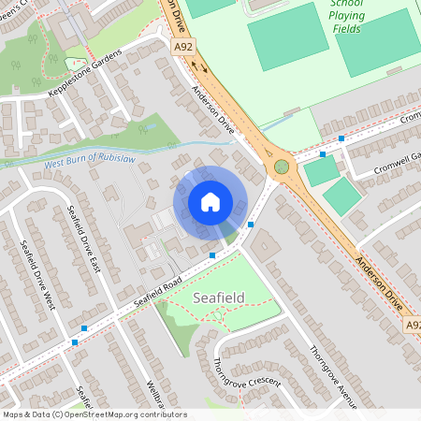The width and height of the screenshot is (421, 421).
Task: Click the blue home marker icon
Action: tap(210, 201)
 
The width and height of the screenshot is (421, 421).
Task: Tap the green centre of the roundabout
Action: tap(281, 167)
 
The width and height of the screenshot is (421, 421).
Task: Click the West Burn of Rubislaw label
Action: tap(90, 166)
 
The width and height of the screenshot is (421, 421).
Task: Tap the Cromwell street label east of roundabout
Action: tap(409, 119)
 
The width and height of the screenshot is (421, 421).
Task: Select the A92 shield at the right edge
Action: tap(412, 324)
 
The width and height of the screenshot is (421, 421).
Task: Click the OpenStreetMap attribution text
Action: tap(94, 414)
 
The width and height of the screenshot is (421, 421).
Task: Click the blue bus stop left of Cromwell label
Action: tap(341, 138)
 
